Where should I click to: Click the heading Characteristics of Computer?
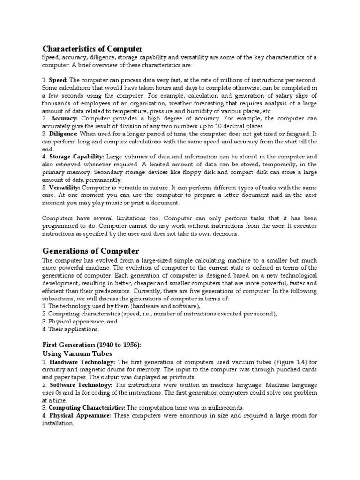coord(93,49)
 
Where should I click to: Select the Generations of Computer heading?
coord(90,251)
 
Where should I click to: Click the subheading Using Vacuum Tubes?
coord(77,353)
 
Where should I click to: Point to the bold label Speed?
coord(59,80)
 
